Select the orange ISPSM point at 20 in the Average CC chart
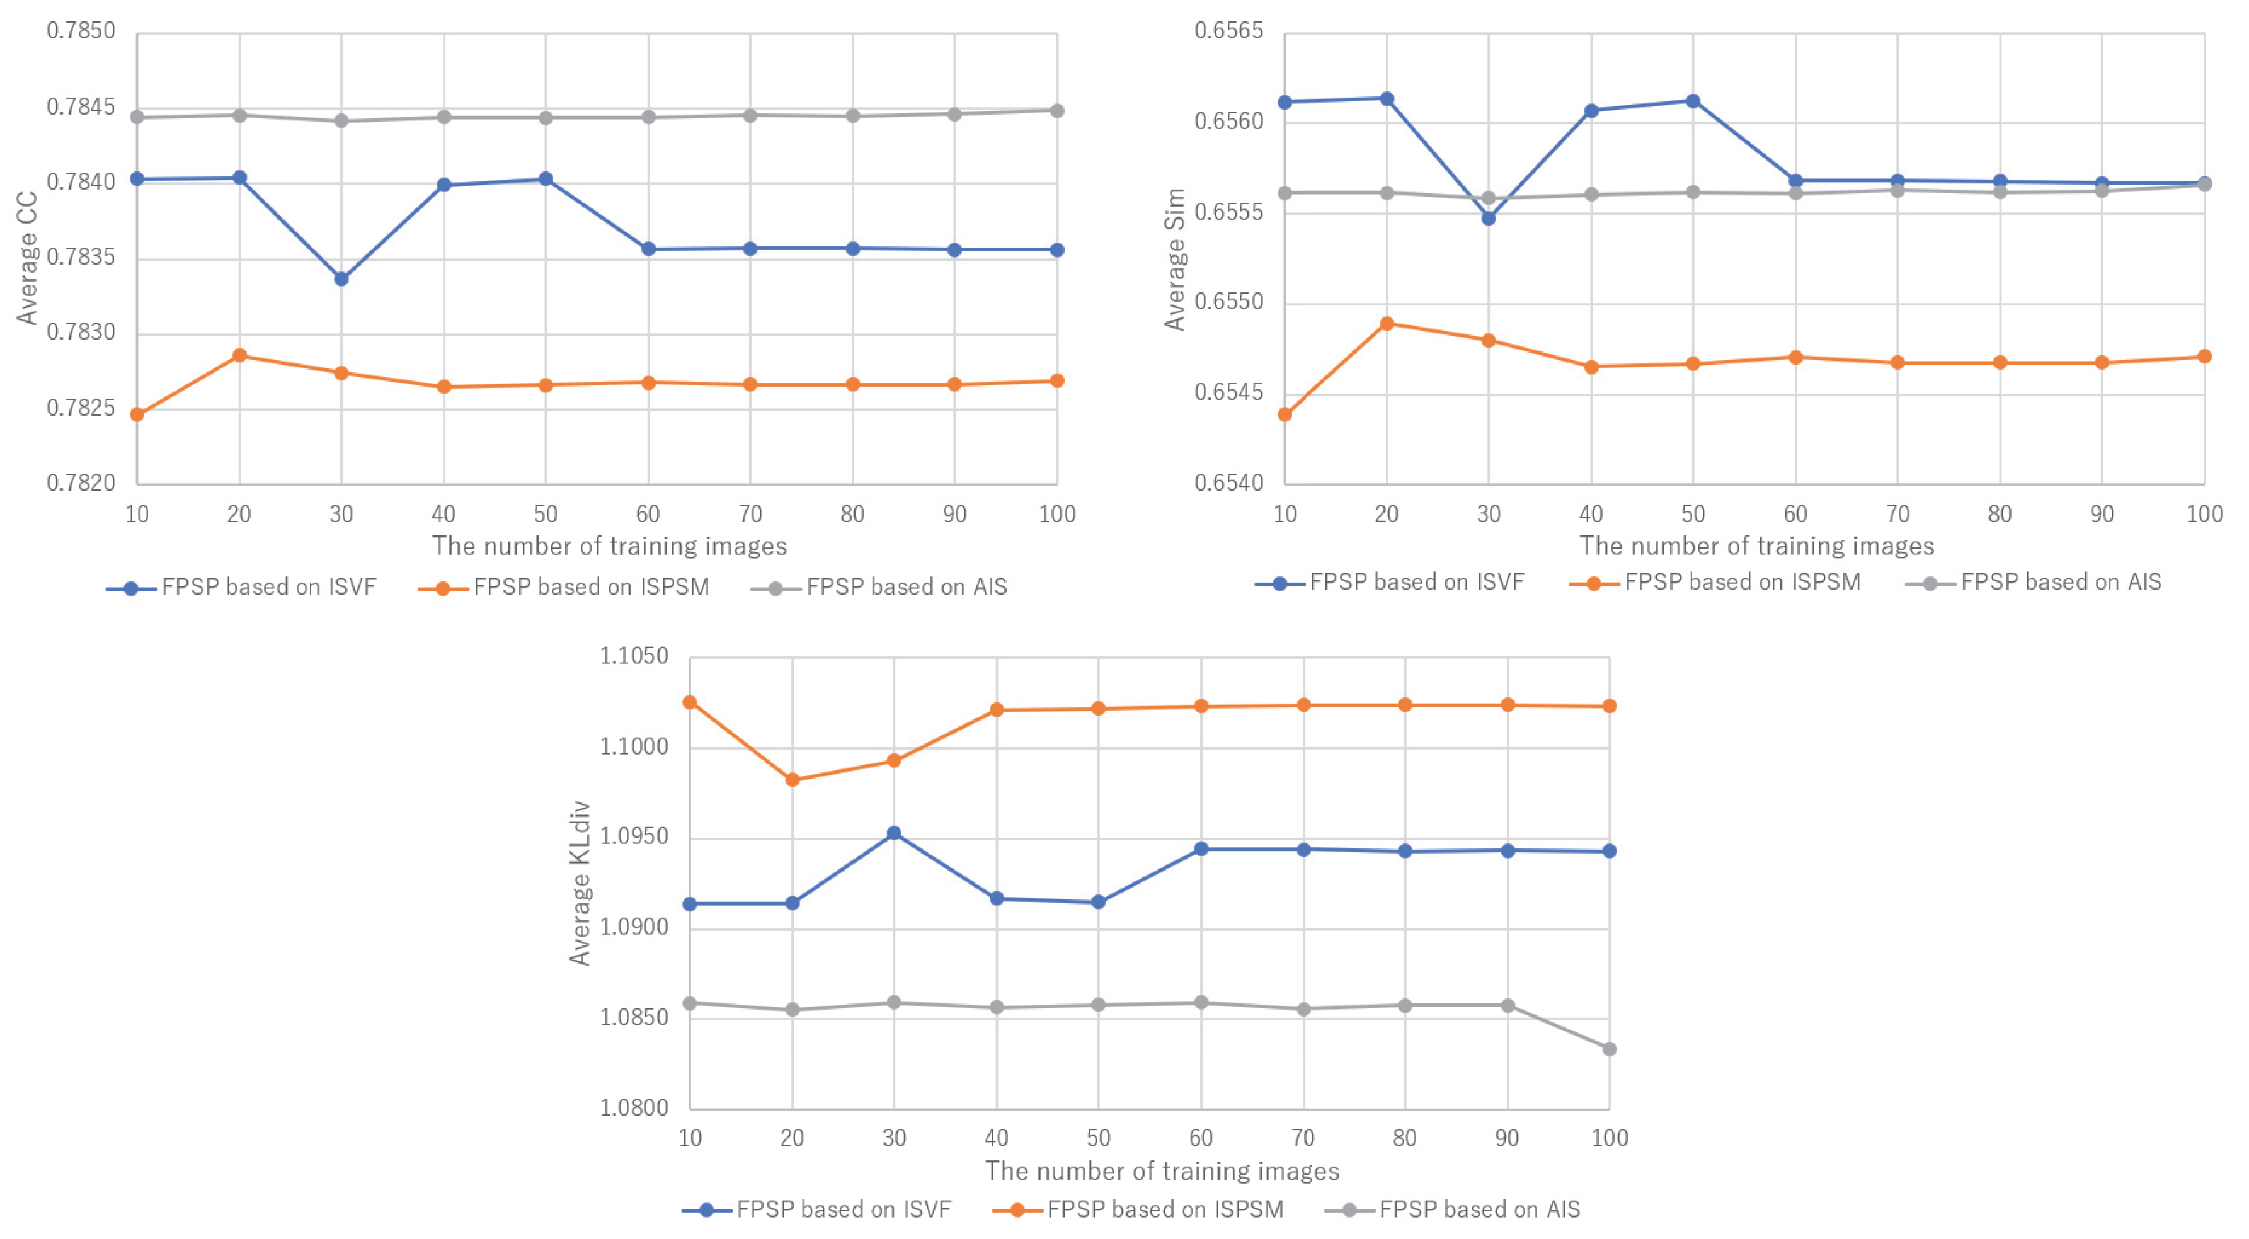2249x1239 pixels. [239, 355]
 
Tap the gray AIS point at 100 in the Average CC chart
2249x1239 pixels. [1056, 111]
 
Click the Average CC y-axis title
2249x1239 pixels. [27, 258]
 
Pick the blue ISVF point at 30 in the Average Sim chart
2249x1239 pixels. [1489, 219]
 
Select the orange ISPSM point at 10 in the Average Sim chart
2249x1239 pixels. [1285, 414]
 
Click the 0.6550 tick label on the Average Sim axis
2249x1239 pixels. [1228, 302]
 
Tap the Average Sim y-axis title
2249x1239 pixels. [1175, 260]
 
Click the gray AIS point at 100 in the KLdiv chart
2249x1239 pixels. [1609, 1049]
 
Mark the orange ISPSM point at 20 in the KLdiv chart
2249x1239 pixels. [792, 780]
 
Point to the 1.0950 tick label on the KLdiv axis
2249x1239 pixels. [634, 836]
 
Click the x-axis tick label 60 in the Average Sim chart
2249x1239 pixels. [1795, 514]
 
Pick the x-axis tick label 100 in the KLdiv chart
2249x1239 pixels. [1609, 1138]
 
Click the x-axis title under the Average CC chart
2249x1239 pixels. [609, 547]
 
